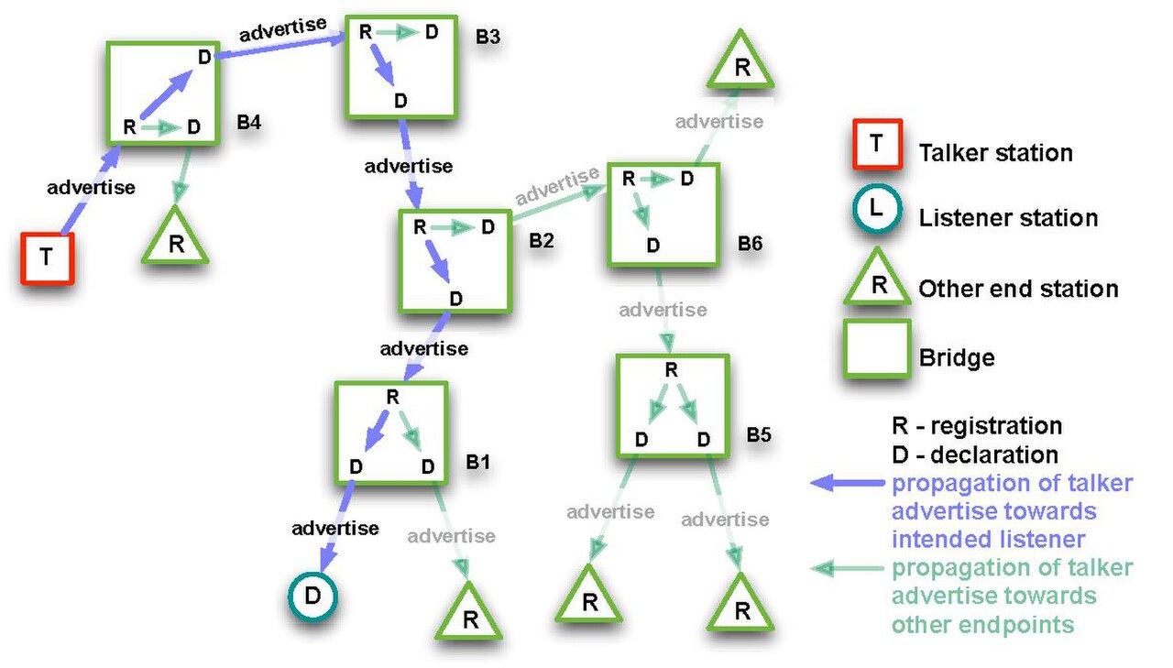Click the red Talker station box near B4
pos(47,258)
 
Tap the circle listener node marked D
pos(312,596)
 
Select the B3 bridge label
pos(488,37)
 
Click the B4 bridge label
pos(248,122)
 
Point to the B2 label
pos(542,240)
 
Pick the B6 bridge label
pos(750,243)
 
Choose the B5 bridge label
pos(759,434)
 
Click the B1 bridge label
pos(478,462)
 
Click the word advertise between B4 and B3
pos(283,29)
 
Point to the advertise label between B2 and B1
pos(424,348)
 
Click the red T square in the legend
pos(877,144)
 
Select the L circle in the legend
pos(877,208)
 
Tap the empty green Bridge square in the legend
pos(877,348)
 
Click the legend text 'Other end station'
pos(1018,289)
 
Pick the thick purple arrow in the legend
pos(848,483)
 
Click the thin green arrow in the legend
pos(848,568)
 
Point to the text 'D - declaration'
pos(975,454)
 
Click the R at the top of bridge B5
pos(672,370)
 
